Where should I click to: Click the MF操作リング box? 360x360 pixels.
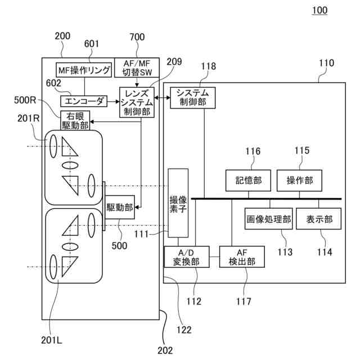tap(84, 70)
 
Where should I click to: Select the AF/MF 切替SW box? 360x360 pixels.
tap(137, 67)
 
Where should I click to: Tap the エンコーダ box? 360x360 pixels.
tap(84, 101)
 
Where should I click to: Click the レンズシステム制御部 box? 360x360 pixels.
tap(137, 102)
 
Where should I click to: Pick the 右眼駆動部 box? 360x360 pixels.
tap(75, 121)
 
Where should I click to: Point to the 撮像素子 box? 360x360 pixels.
tap(178, 203)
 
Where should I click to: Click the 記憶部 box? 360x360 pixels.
tap(248, 181)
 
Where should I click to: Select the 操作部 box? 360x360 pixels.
tap(299, 181)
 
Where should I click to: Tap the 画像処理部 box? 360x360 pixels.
tap(269, 219)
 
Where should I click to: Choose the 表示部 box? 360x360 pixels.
tap(319, 219)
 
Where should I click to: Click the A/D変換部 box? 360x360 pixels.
tap(186, 257)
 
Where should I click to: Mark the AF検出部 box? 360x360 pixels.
tap(242, 257)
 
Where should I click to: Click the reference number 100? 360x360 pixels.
tap(319, 10)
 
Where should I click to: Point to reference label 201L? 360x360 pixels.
tap(52, 340)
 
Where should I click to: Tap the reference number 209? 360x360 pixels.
tap(174, 61)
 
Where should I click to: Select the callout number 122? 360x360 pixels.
tap(184, 330)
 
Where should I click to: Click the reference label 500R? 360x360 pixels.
tap(25, 100)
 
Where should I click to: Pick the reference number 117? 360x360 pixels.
tap(244, 301)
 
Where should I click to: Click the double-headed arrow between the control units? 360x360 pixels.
tap(163, 98)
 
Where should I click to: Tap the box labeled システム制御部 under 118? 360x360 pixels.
tap(193, 98)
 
